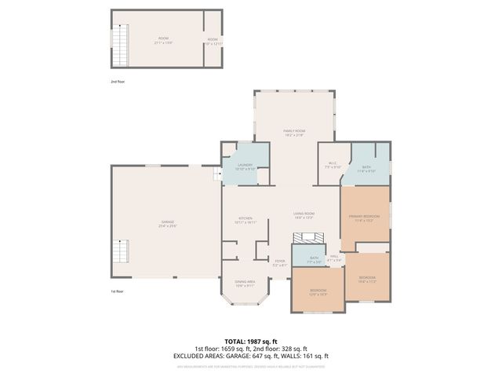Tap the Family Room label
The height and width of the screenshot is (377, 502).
pos(294,132)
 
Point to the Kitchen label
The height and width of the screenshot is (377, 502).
pos(246,220)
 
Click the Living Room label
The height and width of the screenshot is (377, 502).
pos(304,215)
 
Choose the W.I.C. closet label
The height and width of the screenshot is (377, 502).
pos(333,165)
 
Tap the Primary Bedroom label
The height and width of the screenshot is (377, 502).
pos(364,218)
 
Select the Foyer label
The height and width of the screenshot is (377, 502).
pos(279,262)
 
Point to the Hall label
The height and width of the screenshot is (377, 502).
pos(333,258)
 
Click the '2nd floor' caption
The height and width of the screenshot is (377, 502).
pos(118,81)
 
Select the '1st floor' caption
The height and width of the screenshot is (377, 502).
pos(118,291)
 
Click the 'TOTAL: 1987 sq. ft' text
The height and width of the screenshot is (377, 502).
pos(251,341)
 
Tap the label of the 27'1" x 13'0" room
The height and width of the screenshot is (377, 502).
pos(163,39)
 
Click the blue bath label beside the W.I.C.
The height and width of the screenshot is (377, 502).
pos(367,168)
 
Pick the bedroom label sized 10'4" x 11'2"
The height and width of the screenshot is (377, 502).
pos(367,279)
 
